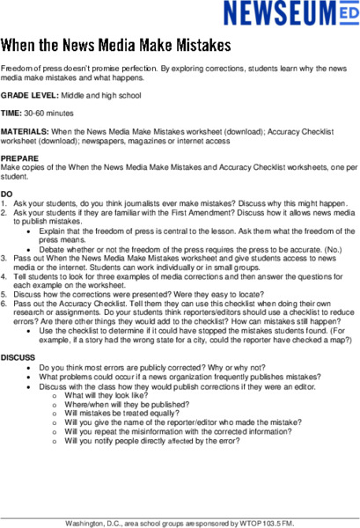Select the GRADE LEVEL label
[x=29, y=96]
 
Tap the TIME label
[x=11, y=114]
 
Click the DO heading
[x=7, y=193]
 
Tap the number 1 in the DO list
[x=4, y=202]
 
